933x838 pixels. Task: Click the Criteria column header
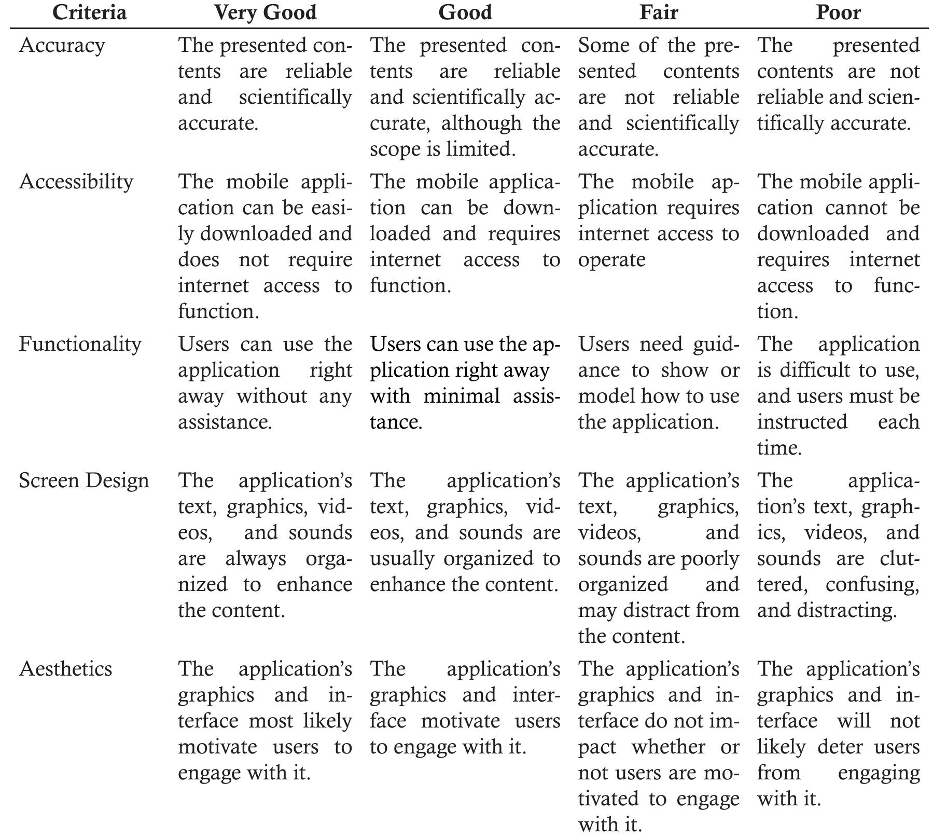point(89,12)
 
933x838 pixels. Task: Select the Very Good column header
point(265,12)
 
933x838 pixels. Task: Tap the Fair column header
point(658,12)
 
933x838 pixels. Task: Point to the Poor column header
point(838,12)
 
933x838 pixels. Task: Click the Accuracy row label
point(62,45)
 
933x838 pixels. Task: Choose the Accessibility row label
point(76,182)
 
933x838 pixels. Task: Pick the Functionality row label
point(80,344)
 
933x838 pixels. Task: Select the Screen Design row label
point(83,480)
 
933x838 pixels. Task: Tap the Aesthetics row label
point(65,669)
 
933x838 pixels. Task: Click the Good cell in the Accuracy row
point(465,97)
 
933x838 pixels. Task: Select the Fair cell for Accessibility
point(658,221)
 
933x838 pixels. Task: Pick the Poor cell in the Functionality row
point(838,396)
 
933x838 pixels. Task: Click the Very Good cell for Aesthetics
point(265,721)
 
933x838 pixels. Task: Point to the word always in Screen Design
point(255,559)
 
